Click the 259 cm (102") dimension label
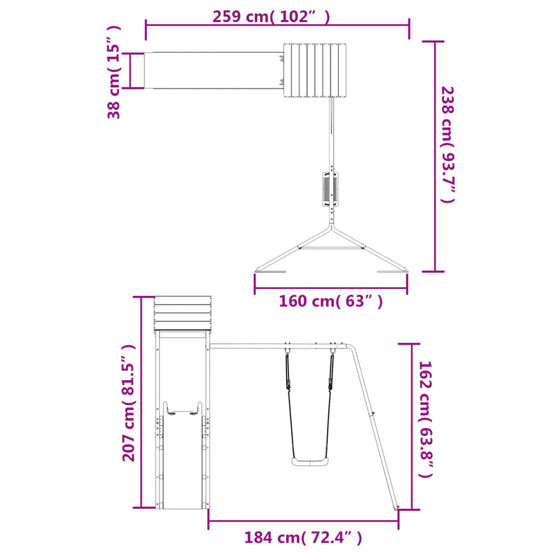point(271,17)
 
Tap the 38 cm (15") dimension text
point(114,73)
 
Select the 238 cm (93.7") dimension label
point(448,144)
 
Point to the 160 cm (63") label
point(330,301)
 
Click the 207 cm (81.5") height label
point(129,403)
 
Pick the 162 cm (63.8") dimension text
point(425,419)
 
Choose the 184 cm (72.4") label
point(303,538)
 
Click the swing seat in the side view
point(309,462)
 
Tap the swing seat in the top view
point(330,189)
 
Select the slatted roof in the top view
point(315,71)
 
